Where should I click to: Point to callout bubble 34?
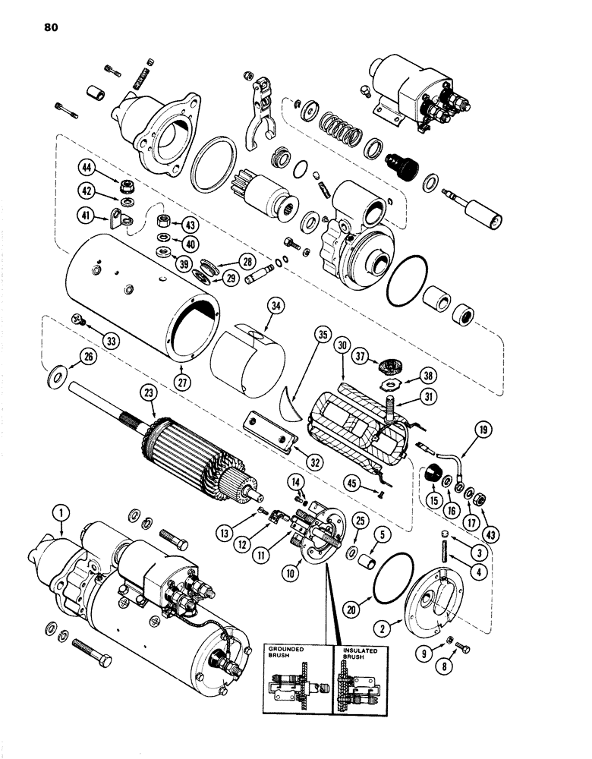[x=254, y=307]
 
